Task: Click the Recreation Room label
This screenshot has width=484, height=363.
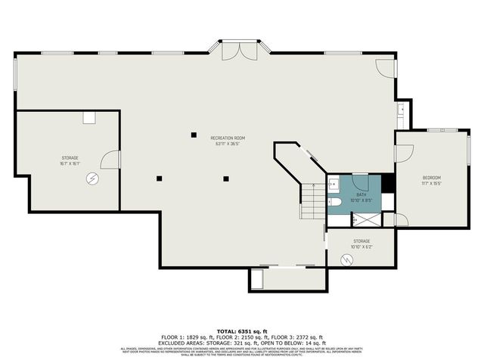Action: coord(231,138)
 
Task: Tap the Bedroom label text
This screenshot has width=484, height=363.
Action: coord(431,178)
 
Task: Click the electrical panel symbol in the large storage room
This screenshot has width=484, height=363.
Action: coord(92,178)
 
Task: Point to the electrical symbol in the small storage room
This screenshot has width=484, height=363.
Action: coord(348,259)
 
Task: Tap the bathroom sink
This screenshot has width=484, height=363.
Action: coord(334,184)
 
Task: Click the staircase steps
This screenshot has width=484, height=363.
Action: coord(312,203)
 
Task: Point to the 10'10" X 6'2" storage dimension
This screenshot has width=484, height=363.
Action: coord(361,247)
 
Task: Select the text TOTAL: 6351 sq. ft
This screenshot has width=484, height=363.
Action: coord(242,331)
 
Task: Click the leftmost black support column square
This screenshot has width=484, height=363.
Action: coord(160,178)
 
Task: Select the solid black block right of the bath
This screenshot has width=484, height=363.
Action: coord(387,184)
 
